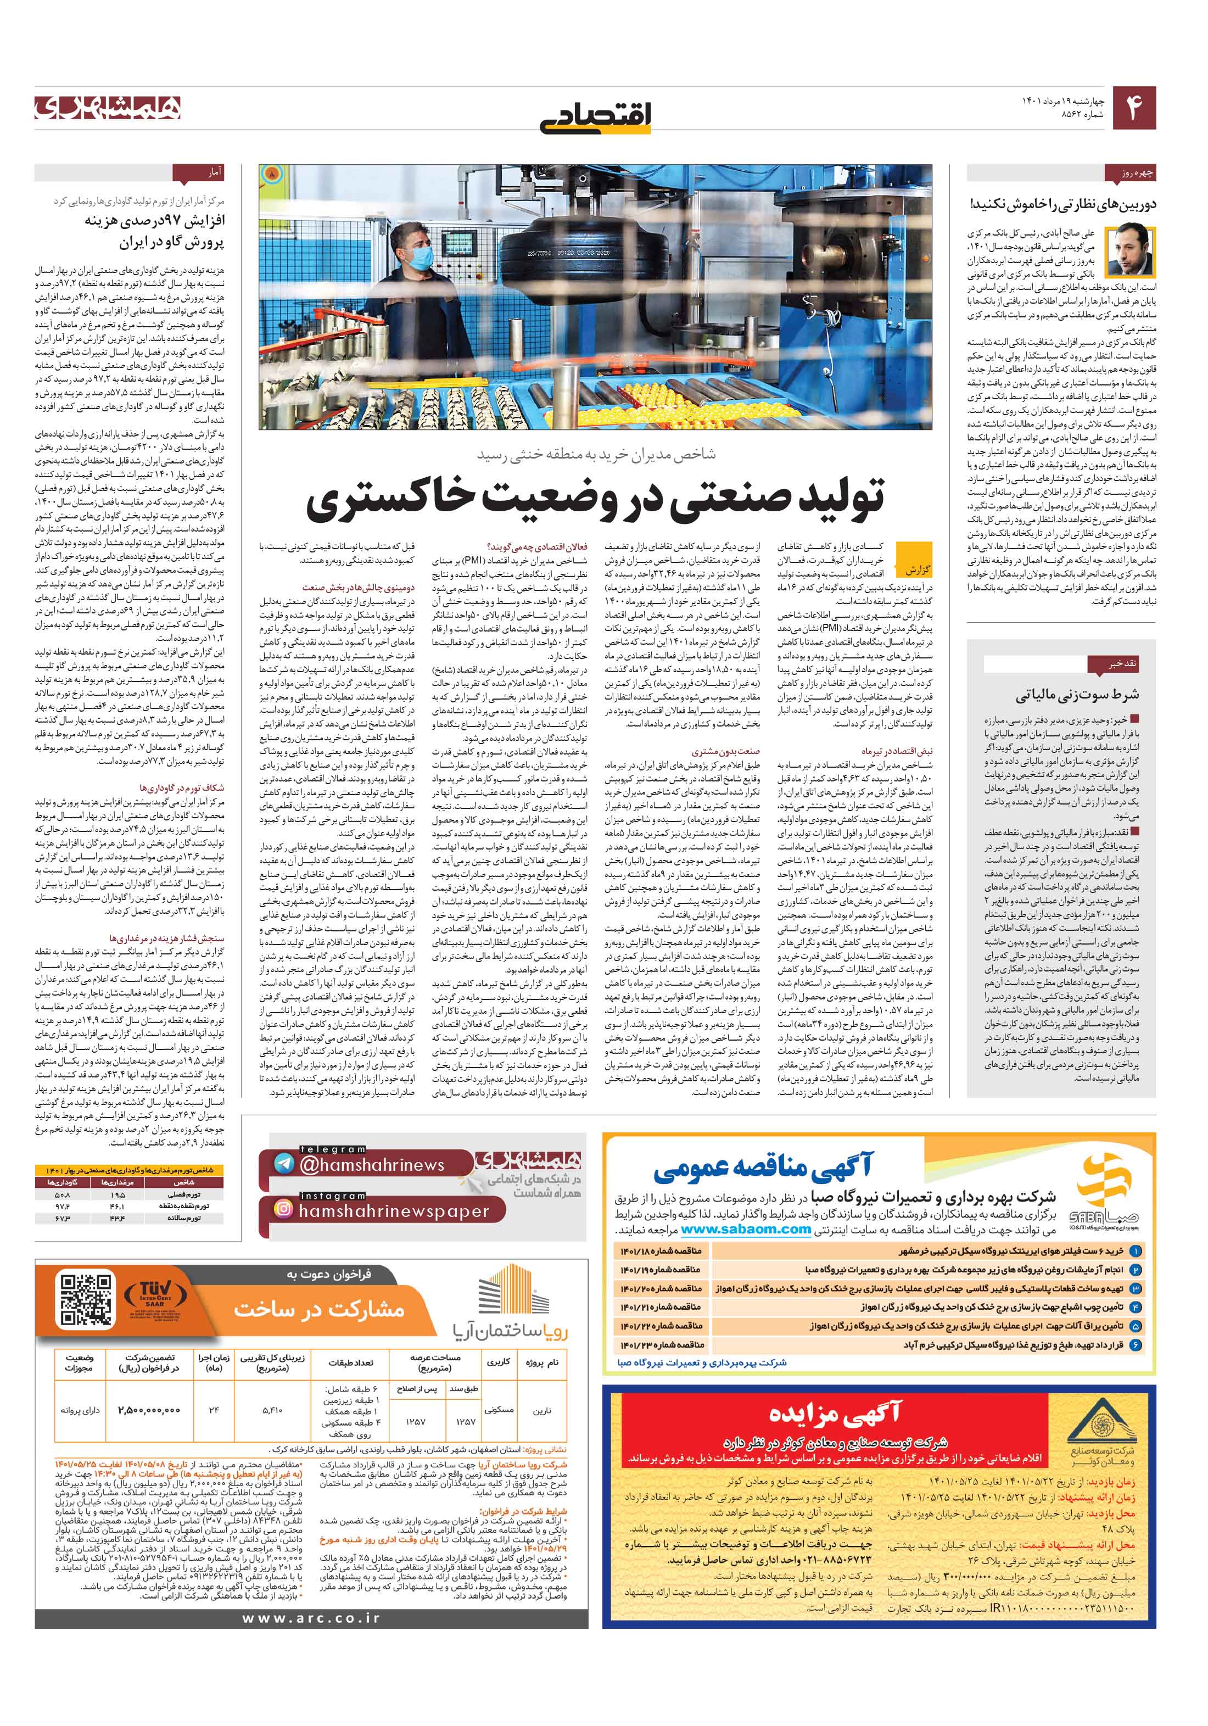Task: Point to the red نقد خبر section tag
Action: tap(1112, 664)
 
